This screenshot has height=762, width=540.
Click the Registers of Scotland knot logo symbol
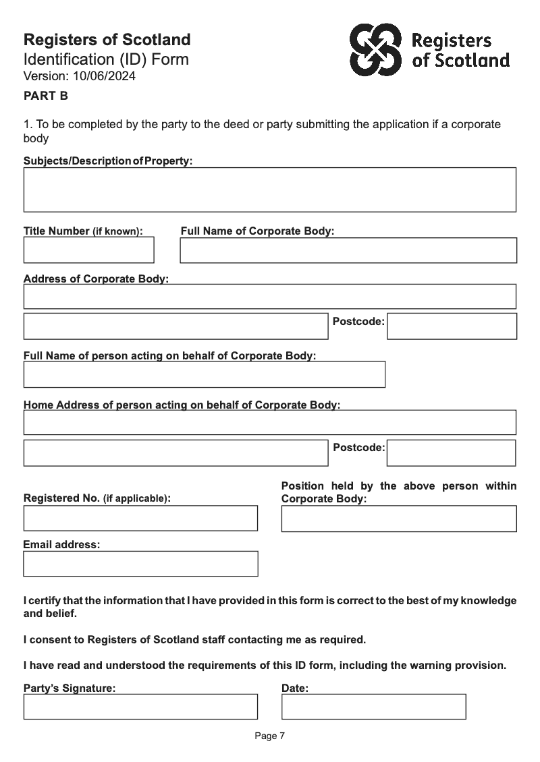pyautogui.click(x=375, y=49)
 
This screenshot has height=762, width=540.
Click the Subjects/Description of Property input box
pyautogui.click(x=269, y=189)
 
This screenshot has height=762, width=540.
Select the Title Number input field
pyautogui.click(x=88, y=250)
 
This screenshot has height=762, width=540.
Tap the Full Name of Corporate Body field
pyautogui.click(x=348, y=250)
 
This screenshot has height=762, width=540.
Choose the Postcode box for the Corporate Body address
pyautogui.click(x=452, y=326)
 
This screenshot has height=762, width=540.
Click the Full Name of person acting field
pyautogui.click(x=204, y=374)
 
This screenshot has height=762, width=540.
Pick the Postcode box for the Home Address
pyautogui.click(x=451, y=453)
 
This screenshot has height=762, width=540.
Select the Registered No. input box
pyautogui.click(x=140, y=518)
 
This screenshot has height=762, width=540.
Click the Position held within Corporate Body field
pyautogui.click(x=398, y=519)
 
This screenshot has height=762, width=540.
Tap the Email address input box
pyautogui.click(x=140, y=564)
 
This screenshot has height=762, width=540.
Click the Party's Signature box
pyautogui.click(x=140, y=707)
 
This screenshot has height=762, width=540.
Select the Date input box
pyautogui.click(x=373, y=707)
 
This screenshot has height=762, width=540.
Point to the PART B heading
pyautogui.click(x=46, y=96)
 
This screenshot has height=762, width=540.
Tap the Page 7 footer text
pyautogui.click(x=269, y=736)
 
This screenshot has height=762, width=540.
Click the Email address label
pyautogui.click(x=61, y=544)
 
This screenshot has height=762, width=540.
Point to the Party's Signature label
pyautogui.click(x=70, y=688)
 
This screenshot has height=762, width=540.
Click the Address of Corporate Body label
pyautogui.click(x=96, y=279)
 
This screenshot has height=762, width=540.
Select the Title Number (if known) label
pyautogui.click(x=83, y=231)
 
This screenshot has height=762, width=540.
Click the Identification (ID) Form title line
pyautogui.click(x=106, y=59)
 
